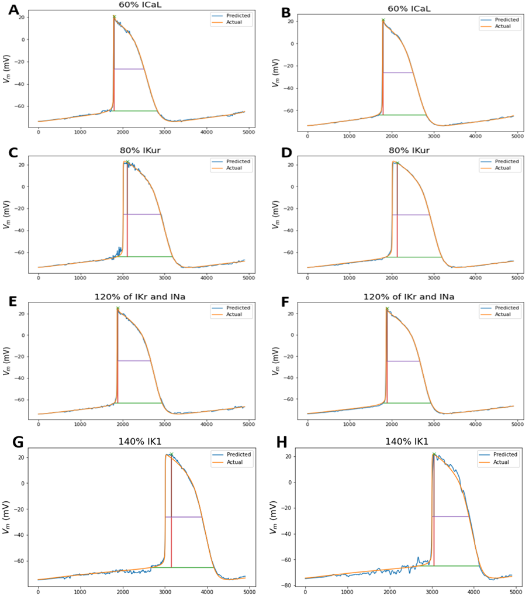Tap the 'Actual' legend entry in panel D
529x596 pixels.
[499, 168]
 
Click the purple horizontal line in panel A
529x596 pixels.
[129, 69]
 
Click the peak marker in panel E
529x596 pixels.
[117, 308]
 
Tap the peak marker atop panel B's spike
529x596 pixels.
[383, 20]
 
